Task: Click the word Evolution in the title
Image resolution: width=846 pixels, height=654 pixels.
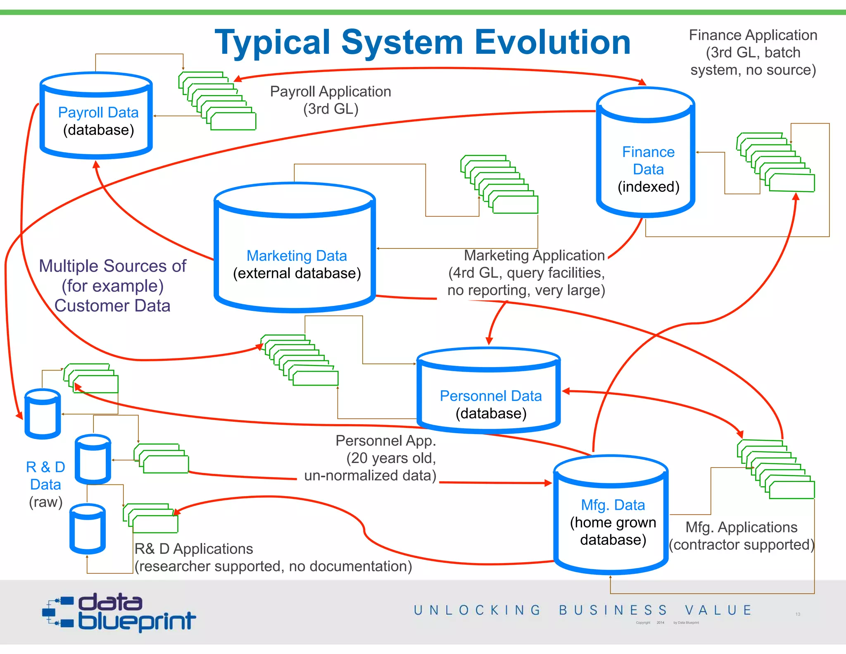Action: (552, 42)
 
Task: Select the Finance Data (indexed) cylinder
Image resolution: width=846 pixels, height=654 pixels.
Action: (646, 153)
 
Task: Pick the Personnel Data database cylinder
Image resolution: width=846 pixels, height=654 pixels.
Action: (489, 391)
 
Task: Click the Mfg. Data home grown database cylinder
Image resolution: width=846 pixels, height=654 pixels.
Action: (611, 515)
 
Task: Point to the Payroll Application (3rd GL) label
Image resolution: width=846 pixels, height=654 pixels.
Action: (330, 100)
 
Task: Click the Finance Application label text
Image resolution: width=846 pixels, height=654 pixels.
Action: (753, 53)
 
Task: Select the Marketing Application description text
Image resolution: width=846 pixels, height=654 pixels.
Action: (527, 273)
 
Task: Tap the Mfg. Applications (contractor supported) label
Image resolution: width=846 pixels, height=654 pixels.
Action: (741, 536)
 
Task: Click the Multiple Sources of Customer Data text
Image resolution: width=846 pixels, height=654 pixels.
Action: (112, 286)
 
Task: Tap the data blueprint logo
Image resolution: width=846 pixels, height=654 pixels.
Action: (120, 613)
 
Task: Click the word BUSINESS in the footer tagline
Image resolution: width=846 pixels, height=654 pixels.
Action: (613, 610)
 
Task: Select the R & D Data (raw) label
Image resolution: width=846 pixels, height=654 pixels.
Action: (45, 484)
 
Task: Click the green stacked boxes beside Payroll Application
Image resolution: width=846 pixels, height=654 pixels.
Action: (217, 101)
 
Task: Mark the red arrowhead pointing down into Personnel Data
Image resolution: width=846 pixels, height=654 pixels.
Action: (489, 341)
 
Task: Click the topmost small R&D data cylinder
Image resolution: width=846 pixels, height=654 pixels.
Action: (43, 414)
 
